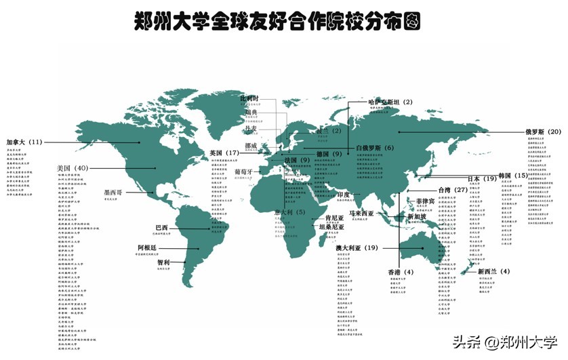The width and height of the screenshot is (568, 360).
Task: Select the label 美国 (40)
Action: [73, 168]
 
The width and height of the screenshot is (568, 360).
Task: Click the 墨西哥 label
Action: [113, 193]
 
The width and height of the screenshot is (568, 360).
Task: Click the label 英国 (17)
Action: [224, 153]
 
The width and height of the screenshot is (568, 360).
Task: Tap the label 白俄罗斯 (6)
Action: [374, 148]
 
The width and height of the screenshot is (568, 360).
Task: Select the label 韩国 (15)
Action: [512, 176]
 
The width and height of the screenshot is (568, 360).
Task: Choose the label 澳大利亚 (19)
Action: [357, 248]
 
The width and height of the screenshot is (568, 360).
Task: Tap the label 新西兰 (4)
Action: [494, 271]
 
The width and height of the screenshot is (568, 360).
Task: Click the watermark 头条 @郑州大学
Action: [504, 342]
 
